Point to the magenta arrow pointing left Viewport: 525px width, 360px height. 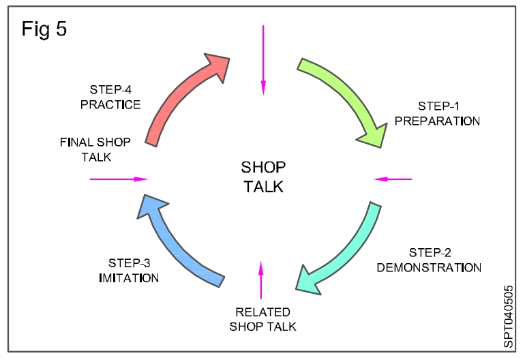(x=393, y=179)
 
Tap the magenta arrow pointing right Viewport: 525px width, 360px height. (x=119, y=179)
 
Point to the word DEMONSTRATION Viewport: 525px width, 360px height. (x=429, y=267)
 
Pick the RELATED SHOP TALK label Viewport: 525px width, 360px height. (x=263, y=319)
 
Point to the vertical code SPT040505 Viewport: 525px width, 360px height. (x=509, y=316)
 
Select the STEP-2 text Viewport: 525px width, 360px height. (x=430, y=252)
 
